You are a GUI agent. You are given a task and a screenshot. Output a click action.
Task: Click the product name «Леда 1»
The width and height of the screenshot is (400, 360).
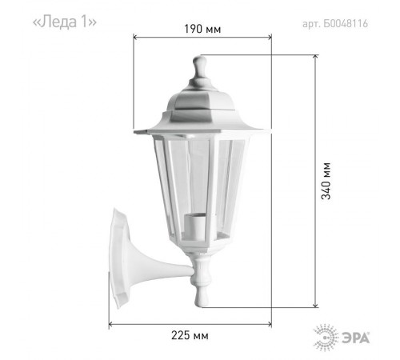point(64,22)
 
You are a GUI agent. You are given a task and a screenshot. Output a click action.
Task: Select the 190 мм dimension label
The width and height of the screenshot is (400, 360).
point(202,29)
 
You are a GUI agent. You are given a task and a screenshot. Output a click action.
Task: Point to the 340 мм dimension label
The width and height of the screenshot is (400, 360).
point(326,181)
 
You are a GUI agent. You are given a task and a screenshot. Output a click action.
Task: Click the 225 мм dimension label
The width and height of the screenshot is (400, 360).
point(190,335)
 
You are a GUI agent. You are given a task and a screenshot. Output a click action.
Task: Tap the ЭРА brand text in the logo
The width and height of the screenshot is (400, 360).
point(356,338)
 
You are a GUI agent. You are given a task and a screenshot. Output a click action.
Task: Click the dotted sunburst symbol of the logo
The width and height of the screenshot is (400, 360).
point(326,338)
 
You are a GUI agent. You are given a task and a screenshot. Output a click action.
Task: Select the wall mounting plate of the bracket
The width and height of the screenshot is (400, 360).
point(118,258)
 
